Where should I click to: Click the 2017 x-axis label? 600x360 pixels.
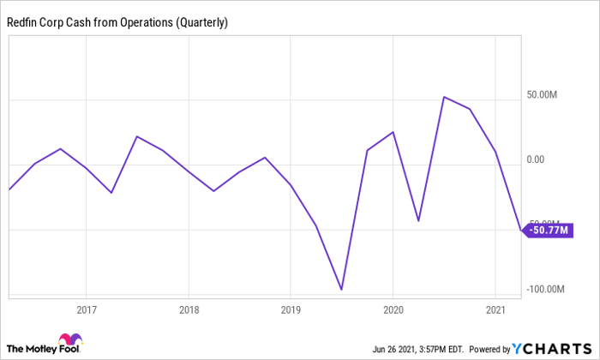click(86, 309)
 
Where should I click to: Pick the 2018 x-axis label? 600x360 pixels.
click(189, 309)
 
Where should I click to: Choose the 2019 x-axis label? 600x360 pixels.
click(291, 309)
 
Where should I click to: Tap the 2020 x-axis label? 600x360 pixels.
click(393, 309)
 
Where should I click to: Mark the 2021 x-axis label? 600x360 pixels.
click(496, 309)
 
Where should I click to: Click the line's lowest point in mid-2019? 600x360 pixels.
click(342, 290)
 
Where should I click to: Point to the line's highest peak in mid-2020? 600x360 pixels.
click(443, 97)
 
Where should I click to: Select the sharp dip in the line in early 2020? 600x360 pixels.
click(418, 221)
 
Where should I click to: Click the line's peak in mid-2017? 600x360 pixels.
click(137, 136)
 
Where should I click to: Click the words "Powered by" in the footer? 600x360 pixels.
click(484, 349)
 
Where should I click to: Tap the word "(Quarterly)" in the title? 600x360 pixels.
click(202, 23)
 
